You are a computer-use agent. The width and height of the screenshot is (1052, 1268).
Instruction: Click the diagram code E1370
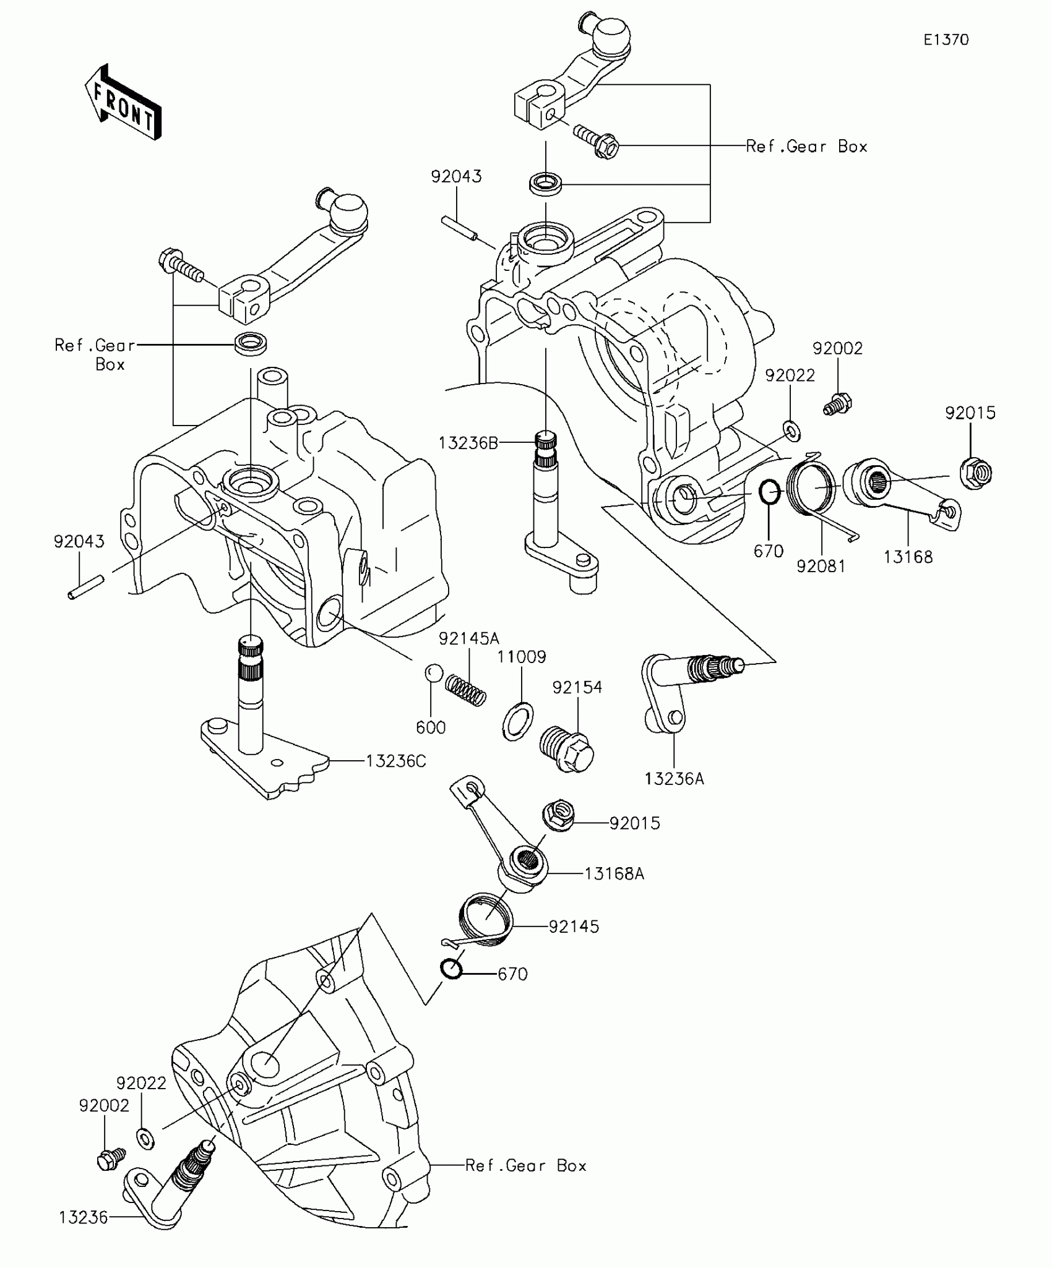(x=946, y=40)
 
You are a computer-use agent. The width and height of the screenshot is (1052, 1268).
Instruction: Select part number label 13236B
(x=468, y=443)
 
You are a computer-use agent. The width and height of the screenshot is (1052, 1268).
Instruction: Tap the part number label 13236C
(x=395, y=761)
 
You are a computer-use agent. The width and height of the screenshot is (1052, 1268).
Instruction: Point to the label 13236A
(x=675, y=778)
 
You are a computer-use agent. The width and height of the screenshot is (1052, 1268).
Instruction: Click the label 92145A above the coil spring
(x=469, y=638)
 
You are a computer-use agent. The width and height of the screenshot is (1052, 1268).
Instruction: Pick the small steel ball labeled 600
(x=433, y=673)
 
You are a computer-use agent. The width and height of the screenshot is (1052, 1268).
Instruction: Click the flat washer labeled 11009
(x=517, y=721)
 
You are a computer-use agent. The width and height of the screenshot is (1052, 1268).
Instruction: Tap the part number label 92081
(x=821, y=566)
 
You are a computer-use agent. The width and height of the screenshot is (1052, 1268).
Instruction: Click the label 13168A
(x=614, y=873)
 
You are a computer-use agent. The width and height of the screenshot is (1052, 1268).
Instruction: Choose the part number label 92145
(x=574, y=927)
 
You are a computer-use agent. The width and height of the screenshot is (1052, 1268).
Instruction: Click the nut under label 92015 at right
(x=977, y=473)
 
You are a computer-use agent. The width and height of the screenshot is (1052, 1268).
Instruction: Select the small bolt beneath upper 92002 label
(x=838, y=405)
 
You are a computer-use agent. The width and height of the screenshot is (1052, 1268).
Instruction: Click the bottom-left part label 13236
(x=84, y=1218)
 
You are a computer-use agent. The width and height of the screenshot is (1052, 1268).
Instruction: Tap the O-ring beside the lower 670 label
(x=452, y=969)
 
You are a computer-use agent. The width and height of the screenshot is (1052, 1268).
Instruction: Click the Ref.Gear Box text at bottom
(x=525, y=1166)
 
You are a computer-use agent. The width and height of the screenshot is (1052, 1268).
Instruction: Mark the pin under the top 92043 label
(x=460, y=228)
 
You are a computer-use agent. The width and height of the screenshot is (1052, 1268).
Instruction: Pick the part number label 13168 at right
(x=908, y=557)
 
